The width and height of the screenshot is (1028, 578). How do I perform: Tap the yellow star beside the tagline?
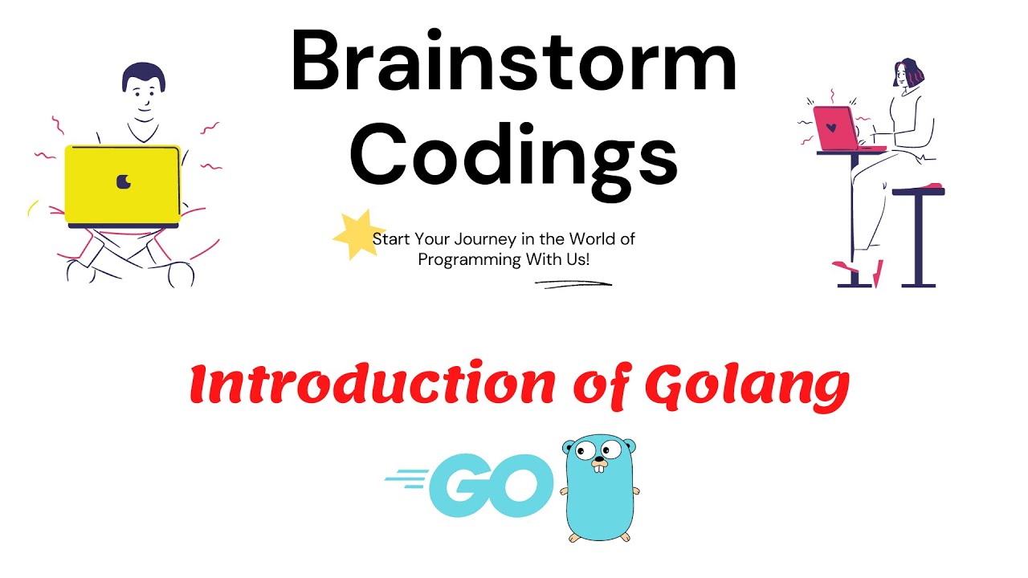click(353, 235)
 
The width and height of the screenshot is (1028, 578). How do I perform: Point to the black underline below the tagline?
click(573, 283)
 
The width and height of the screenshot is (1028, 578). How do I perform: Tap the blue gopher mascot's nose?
click(598, 462)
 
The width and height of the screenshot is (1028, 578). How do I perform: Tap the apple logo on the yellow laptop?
click(123, 182)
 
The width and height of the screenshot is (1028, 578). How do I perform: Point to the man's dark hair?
click(143, 76)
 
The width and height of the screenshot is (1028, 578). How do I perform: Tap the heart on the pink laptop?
click(832, 128)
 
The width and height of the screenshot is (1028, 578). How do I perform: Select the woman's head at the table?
click(908, 75)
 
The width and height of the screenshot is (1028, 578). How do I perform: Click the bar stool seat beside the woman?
click(919, 191)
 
